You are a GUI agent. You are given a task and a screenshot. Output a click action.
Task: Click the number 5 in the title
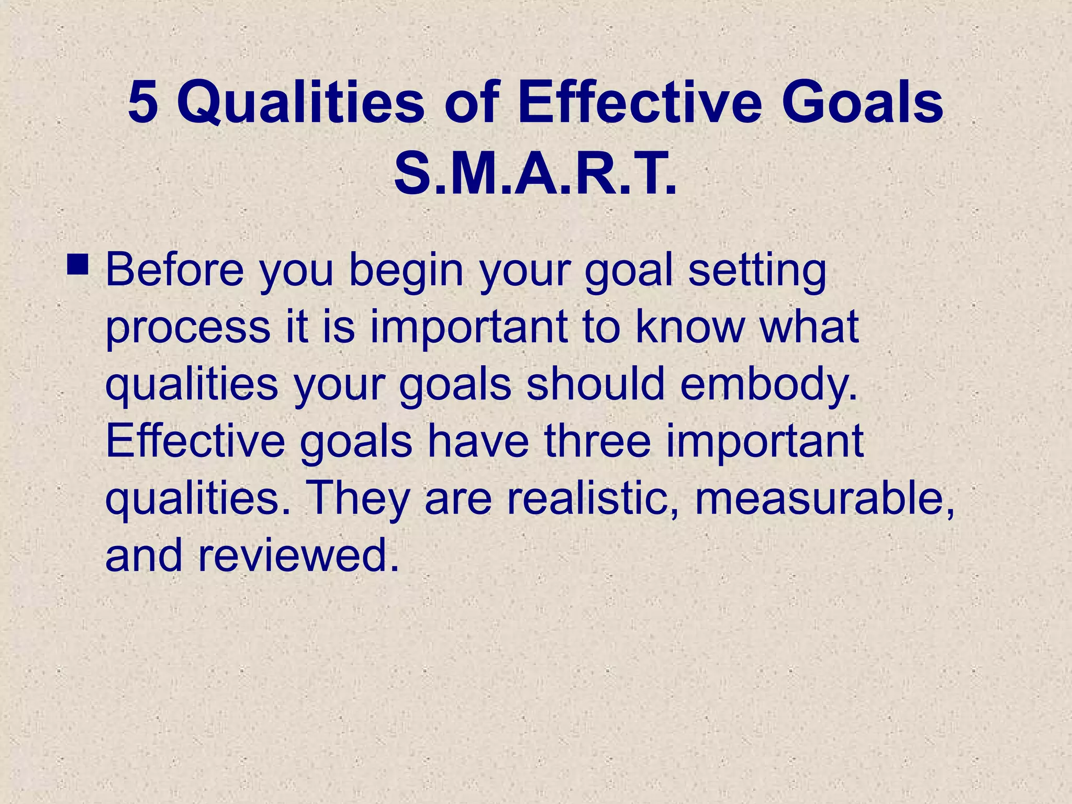[x=143, y=103]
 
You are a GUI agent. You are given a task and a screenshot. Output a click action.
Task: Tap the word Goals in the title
[x=862, y=103]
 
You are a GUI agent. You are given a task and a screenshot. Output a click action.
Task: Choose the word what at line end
[x=809, y=327]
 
